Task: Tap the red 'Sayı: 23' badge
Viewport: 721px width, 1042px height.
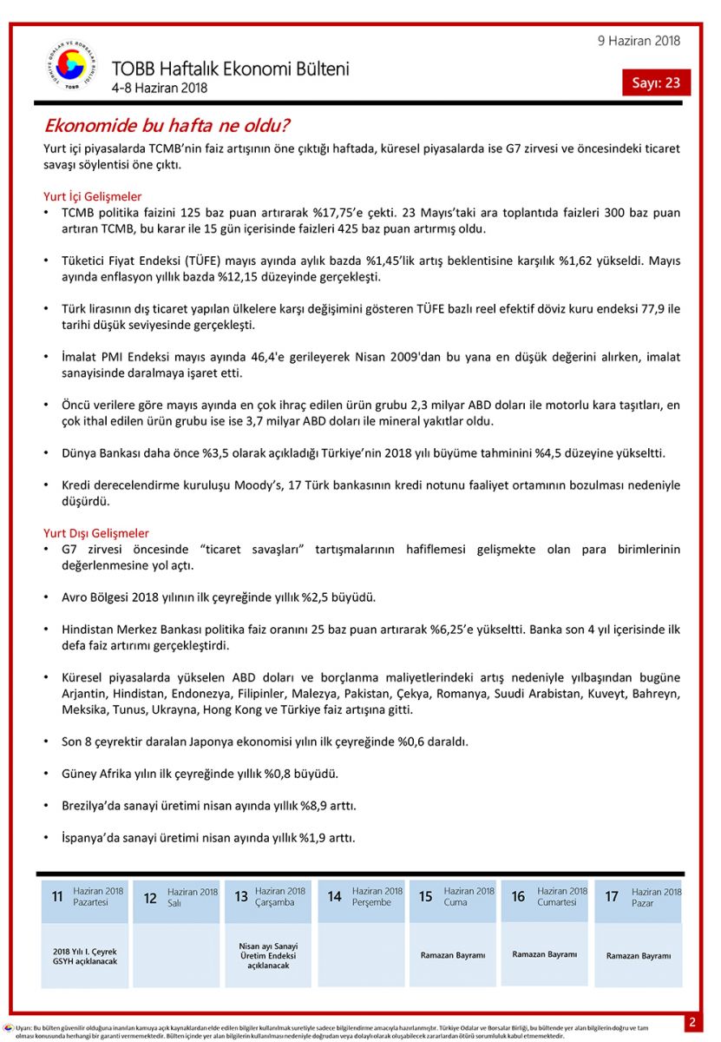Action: coord(656,82)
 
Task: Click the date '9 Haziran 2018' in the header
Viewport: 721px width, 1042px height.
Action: coord(639,41)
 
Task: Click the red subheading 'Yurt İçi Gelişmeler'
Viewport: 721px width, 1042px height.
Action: coord(92,197)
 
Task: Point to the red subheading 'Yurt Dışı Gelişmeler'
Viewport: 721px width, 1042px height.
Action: coord(95,533)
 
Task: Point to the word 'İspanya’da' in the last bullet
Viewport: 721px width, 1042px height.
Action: coord(90,838)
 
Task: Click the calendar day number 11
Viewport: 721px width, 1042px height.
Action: coord(57,897)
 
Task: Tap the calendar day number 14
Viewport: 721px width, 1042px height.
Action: coord(334,897)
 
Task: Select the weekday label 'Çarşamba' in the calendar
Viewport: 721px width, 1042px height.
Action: coord(276,903)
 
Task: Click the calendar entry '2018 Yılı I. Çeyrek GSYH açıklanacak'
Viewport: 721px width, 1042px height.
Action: coord(84,956)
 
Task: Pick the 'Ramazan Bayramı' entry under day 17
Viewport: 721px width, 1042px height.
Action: coord(638,956)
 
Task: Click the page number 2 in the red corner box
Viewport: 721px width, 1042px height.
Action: coord(692,1023)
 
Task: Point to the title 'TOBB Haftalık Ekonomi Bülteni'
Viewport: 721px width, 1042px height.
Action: coord(230,69)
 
